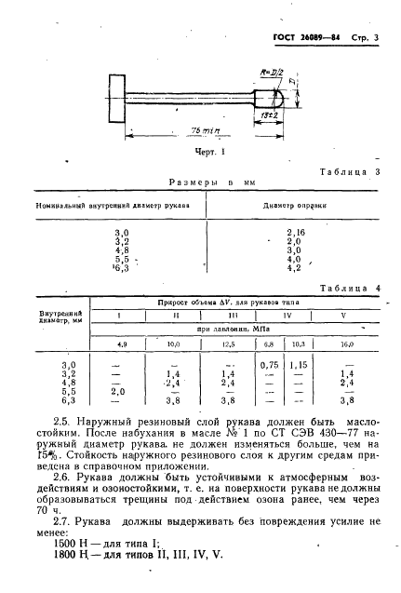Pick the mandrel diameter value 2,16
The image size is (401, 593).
(x=296, y=232)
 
